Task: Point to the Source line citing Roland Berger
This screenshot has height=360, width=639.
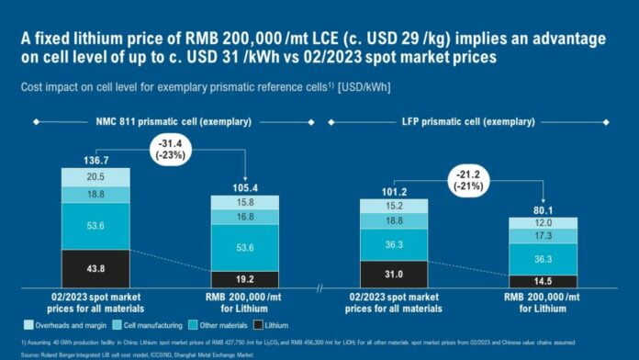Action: pos(138,353)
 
